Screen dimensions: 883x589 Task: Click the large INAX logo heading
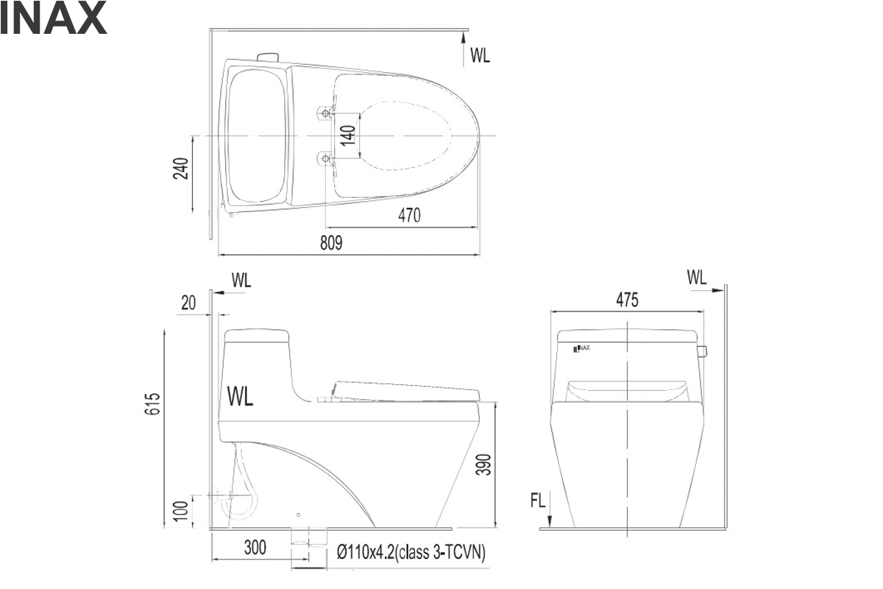53,18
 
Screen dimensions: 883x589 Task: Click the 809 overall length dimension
331,243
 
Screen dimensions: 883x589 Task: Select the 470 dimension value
409,216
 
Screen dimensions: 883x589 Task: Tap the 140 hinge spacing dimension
347,135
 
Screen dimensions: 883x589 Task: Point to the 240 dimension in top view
181,169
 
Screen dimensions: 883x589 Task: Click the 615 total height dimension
152,403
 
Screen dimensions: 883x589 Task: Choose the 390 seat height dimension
483,465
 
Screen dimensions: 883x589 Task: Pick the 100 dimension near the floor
181,511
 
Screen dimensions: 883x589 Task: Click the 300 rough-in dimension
255,547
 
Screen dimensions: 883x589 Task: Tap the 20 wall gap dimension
188,303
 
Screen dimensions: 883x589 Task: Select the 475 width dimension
627,300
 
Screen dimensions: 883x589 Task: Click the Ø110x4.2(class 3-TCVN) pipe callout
411,552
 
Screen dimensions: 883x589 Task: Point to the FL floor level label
538,501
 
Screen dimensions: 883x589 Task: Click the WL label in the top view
480,55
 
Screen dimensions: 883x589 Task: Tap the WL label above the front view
697,278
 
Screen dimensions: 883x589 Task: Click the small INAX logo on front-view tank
581,348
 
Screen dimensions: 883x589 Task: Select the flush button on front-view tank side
702,350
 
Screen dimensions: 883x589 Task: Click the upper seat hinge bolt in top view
325,113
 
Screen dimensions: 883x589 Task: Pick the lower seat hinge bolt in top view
325,158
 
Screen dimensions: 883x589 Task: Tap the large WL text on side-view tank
240,397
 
